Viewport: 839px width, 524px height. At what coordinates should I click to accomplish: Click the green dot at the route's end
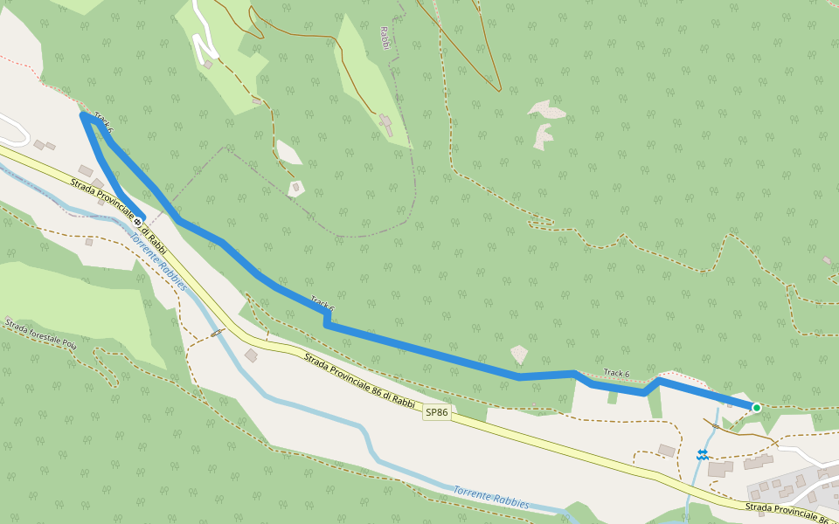[756, 407]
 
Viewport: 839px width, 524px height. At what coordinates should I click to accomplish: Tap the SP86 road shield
[437, 411]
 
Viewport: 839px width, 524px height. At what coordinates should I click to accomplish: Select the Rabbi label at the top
[385, 38]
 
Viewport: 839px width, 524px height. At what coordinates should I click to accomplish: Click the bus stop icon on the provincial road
[137, 222]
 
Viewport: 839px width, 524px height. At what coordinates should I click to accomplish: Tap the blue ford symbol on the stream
[702, 454]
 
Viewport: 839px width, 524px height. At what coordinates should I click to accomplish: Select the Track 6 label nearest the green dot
[616, 373]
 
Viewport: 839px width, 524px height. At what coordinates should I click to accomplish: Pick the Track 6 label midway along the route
[322, 304]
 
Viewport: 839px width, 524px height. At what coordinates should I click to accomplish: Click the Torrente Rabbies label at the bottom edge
[491, 497]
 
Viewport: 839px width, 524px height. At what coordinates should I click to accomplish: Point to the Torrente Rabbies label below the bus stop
[160, 262]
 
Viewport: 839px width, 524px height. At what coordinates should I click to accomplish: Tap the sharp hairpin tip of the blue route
[83, 114]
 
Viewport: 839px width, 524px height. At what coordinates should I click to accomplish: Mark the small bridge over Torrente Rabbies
[217, 333]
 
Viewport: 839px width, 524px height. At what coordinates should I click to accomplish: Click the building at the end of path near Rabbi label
[385, 121]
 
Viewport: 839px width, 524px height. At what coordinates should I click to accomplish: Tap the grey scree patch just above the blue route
[519, 354]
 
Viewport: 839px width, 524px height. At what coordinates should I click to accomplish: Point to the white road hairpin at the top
[207, 59]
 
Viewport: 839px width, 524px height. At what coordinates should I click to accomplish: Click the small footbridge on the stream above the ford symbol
[715, 425]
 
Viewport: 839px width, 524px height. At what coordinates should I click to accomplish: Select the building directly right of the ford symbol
[721, 469]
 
